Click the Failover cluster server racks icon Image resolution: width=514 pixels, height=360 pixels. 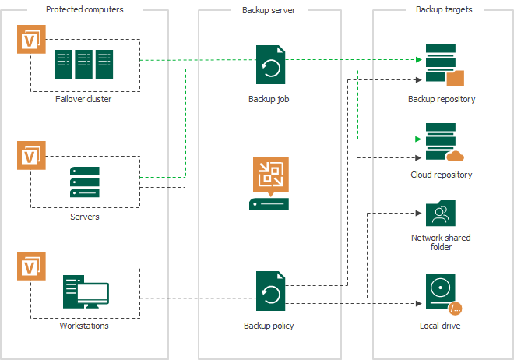click(83, 65)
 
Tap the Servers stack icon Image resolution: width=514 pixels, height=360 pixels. click(84, 182)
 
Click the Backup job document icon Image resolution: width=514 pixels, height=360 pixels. click(270, 65)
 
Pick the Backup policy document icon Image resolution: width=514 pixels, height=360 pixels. click(270, 291)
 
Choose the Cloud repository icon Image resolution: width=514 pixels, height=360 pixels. click(443, 142)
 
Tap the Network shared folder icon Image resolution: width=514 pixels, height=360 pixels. click(441, 214)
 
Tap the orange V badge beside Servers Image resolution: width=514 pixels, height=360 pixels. click(31, 155)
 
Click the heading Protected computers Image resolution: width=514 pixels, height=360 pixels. click(84, 9)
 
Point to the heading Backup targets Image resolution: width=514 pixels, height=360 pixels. click(444, 9)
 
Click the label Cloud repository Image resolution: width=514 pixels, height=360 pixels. click(442, 175)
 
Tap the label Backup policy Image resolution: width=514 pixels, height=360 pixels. click(269, 326)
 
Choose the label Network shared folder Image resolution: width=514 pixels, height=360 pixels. click(441, 242)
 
